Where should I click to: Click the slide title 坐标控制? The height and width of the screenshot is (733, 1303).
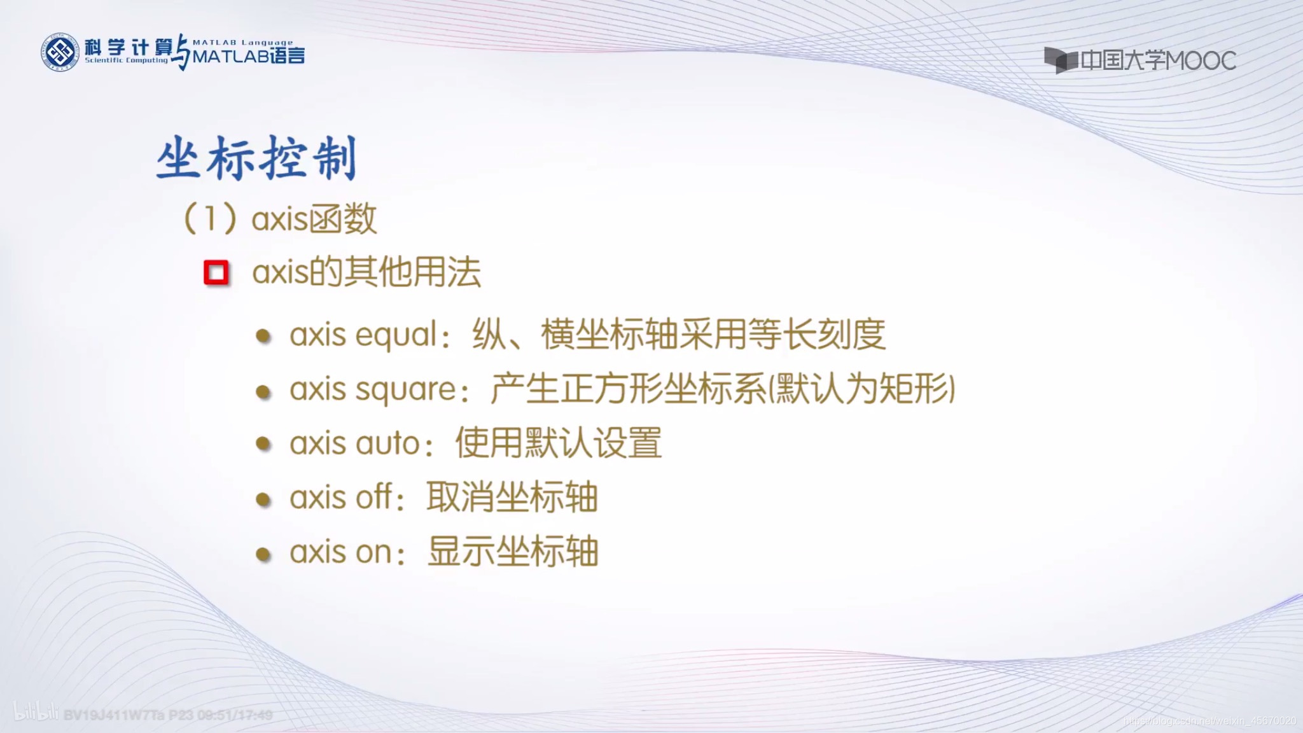click(256, 158)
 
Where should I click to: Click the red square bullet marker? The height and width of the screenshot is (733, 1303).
click(216, 273)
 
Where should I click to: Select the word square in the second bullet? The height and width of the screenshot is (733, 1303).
click(405, 389)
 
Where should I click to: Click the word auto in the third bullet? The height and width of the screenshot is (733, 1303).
click(387, 443)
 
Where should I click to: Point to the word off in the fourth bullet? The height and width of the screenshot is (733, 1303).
click(373, 497)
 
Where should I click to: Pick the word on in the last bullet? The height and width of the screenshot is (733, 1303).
click(373, 552)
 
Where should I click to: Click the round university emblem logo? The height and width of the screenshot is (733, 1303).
click(60, 52)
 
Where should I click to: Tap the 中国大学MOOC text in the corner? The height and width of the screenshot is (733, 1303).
click(1158, 60)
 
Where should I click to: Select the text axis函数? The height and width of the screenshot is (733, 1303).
click(314, 219)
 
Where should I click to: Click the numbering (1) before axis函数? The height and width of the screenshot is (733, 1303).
click(210, 219)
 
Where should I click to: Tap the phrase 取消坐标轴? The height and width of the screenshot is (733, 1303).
click(512, 497)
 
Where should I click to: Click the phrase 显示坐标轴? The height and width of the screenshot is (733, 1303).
click(513, 551)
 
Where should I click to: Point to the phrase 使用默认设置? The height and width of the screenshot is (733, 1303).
click(558, 443)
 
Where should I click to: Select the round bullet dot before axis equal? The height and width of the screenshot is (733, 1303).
click(263, 336)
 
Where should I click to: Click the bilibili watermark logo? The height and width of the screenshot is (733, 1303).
click(36, 713)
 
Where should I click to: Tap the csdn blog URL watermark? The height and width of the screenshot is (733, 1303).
click(1209, 721)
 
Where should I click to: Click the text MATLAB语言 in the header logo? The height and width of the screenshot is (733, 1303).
click(249, 57)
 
